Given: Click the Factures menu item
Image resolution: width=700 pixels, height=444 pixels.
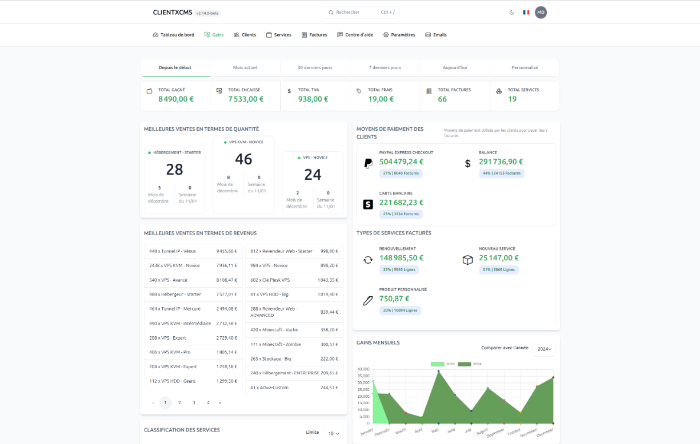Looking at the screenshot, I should tap(314, 35).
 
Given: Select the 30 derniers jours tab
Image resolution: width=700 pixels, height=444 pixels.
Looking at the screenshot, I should tap(315, 67).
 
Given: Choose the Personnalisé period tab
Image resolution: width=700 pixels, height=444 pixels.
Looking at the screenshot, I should tap(525, 67).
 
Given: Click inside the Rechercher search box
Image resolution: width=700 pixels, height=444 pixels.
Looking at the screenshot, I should tap(362, 12).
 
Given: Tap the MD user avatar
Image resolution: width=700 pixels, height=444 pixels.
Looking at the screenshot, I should tap(541, 12).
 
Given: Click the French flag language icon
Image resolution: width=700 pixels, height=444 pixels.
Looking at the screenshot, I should tap(526, 12).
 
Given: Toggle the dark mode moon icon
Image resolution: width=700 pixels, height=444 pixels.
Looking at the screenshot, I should tap(511, 12).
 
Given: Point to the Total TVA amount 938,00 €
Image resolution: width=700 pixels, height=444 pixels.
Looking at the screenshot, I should tap(313, 99).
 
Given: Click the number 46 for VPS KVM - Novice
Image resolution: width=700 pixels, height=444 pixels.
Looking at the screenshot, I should tap(243, 159).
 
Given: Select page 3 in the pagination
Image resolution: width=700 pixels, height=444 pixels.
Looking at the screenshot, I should tap(194, 402).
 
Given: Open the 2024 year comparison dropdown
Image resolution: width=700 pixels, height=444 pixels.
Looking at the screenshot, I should tap(545, 349).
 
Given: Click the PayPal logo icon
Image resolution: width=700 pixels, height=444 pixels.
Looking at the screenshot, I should tap(369, 164).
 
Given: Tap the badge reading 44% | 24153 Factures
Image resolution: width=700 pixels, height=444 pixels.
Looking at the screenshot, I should tap(502, 173).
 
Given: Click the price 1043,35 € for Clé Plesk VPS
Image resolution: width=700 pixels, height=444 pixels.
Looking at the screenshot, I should tap(329, 280).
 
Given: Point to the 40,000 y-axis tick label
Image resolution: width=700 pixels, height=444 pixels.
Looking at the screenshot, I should tap(363, 369).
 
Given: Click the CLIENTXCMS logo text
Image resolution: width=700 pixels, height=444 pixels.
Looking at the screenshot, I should tap(173, 12).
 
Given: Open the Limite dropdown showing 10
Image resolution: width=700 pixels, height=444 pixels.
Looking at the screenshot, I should tap(333, 433).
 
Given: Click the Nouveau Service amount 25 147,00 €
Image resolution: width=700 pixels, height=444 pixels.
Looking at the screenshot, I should tap(499, 258).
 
